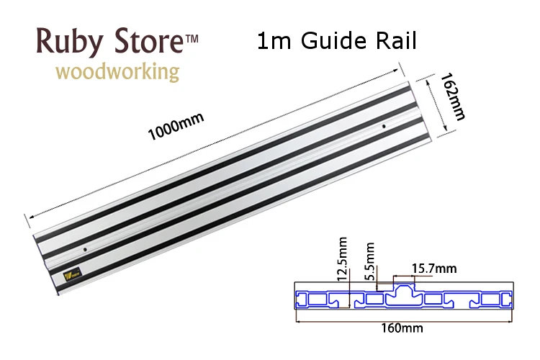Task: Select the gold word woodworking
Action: pyautogui.click(x=117, y=72)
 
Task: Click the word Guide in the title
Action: pyautogui.click(x=330, y=42)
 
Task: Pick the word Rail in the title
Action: pyautogui.click(x=394, y=42)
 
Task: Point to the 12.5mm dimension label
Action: pyautogui.click(x=343, y=261)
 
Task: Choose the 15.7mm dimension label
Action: pyautogui.click(x=434, y=269)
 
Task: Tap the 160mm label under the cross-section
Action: pyautogui.click(x=402, y=328)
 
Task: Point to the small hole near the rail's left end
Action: pyautogui.click(x=85, y=248)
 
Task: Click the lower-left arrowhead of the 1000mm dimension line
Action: pyautogui.click(x=27, y=215)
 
